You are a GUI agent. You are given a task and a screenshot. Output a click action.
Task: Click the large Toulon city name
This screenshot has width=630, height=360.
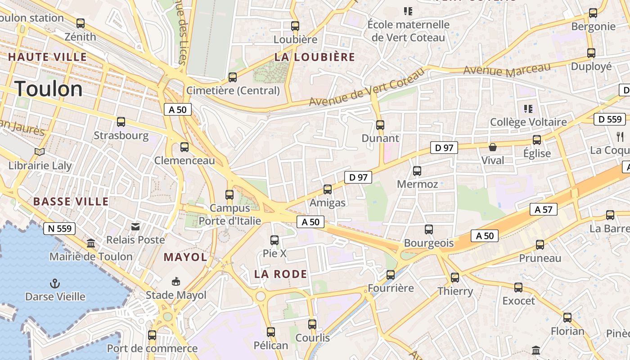pos(49,89)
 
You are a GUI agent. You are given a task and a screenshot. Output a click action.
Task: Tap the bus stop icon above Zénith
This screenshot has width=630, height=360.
pos(81,23)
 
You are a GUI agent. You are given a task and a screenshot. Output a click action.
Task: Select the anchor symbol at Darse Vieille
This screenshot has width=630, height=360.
pos(55,283)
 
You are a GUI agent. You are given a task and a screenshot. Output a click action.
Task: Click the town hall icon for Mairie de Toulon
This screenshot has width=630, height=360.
pos(91,243)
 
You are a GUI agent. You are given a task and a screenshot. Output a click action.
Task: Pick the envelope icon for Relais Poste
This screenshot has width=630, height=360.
pos(135,227)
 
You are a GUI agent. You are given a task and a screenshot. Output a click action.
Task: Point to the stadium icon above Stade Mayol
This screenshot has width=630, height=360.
pos(176,282)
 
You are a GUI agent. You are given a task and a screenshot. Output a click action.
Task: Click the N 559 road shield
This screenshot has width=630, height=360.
pos(59,229)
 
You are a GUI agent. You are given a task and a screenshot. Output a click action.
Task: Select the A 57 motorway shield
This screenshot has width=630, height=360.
pos(544,209)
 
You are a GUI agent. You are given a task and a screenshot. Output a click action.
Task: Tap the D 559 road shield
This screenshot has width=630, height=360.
pos(610,119)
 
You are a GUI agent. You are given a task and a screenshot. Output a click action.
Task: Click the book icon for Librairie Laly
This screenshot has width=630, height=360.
pos(40,152)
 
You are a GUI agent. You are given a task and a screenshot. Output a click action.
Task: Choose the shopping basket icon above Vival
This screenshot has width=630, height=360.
pos(493,147)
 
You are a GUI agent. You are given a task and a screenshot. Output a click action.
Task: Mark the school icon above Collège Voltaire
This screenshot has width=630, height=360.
pos(528,108)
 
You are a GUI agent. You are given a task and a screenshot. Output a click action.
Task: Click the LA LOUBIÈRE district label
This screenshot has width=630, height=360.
pos(315,57)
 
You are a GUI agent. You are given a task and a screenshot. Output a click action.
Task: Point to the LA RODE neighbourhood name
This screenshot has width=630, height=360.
pos(281,274)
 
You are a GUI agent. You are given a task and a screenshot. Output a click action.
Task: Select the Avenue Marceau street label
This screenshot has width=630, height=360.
pos(507,70)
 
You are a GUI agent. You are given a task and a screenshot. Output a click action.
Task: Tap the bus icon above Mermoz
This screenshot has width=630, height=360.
pos(417,171)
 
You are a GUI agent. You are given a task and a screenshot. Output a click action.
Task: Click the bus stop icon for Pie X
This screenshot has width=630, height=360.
pos(274,240)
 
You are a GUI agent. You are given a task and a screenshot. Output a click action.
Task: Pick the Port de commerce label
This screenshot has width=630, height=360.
pos(152,348)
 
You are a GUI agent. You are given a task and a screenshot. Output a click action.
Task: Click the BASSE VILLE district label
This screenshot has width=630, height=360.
pos(71,201)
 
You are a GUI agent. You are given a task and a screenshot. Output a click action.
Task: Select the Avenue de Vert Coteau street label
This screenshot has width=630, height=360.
pos(367,87)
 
